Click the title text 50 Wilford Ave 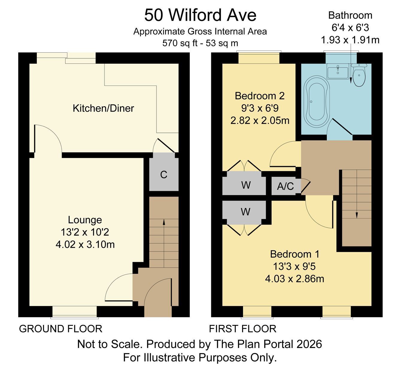[201, 15]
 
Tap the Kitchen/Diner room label [103, 108]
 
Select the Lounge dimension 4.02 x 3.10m [85, 245]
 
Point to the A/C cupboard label [285, 186]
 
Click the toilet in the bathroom [359, 75]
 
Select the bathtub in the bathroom [316, 102]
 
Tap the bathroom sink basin [338, 71]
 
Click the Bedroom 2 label [260, 96]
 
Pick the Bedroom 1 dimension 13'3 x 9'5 [294, 267]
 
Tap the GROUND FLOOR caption [61, 329]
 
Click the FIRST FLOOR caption [242, 329]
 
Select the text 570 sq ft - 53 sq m [200, 43]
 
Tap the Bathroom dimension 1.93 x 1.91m [350, 40]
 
